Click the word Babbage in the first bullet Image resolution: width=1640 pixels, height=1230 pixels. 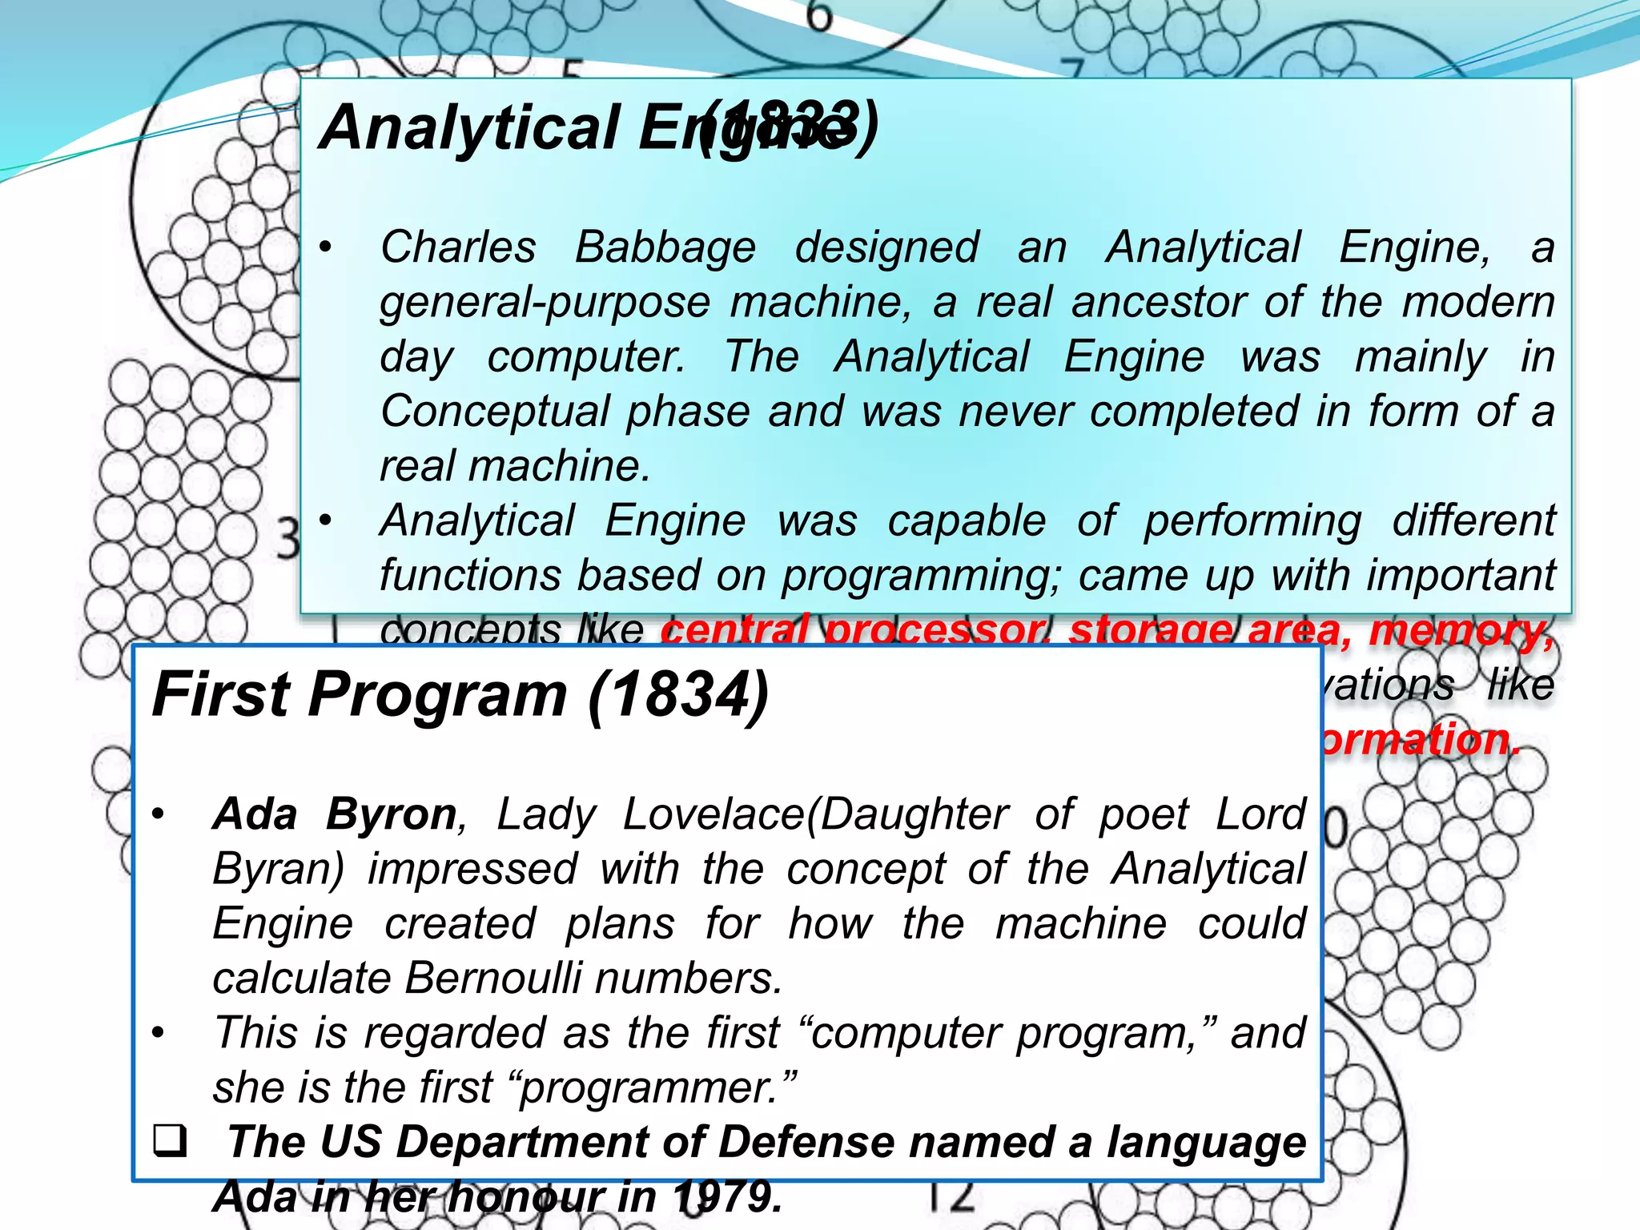[x=665, y=247]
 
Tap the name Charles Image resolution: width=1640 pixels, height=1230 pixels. [x=458, y=247]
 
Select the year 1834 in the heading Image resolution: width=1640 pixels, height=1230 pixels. [x=678, y=694]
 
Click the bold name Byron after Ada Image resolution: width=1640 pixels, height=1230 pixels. [x=392, y=814]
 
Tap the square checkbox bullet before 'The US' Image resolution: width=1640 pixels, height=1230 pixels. [x=169, y=1140]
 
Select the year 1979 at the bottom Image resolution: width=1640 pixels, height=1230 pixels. [x=726, y=1196]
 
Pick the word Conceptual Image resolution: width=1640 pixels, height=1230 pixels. [x=495, y=411]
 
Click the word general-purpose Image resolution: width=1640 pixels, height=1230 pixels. [x=545, y=303]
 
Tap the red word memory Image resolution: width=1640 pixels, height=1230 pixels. [x=1461, y=630]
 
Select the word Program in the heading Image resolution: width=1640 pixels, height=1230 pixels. [x=438, y=694]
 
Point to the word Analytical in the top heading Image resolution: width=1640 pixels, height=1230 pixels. [x=469, y=128]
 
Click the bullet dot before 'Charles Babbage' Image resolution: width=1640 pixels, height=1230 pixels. [x=325, y=247]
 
